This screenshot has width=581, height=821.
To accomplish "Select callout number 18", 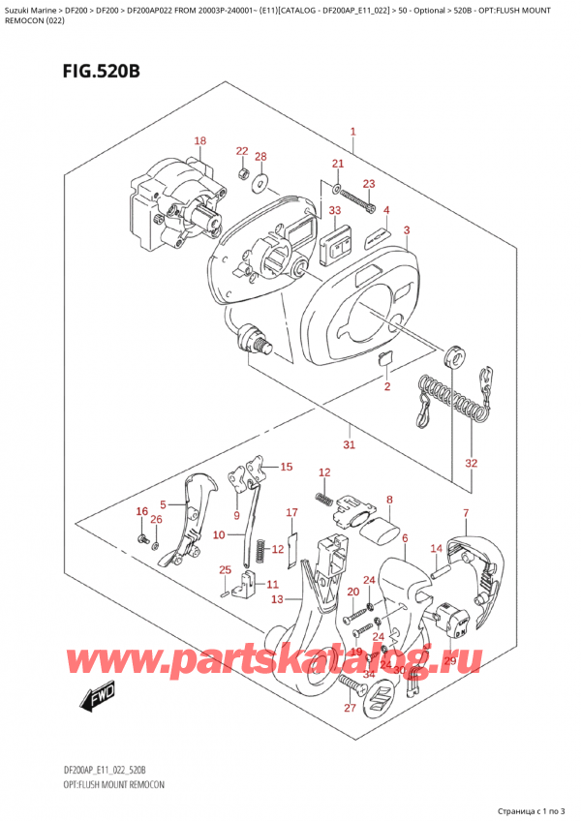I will (x=199, y=141).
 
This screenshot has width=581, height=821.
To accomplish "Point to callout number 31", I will (x=350, y=445).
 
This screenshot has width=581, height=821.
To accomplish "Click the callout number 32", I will (x=471, y=464).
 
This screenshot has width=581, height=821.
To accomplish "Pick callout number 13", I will (x=277, y=600).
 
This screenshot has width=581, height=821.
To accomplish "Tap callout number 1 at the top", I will (x=353, y=132).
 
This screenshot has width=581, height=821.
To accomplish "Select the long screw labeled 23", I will (x=356, y=204).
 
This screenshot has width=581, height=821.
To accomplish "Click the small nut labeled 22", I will (x=242, y=172).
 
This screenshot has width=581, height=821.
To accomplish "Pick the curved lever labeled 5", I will (x=194, y=513).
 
